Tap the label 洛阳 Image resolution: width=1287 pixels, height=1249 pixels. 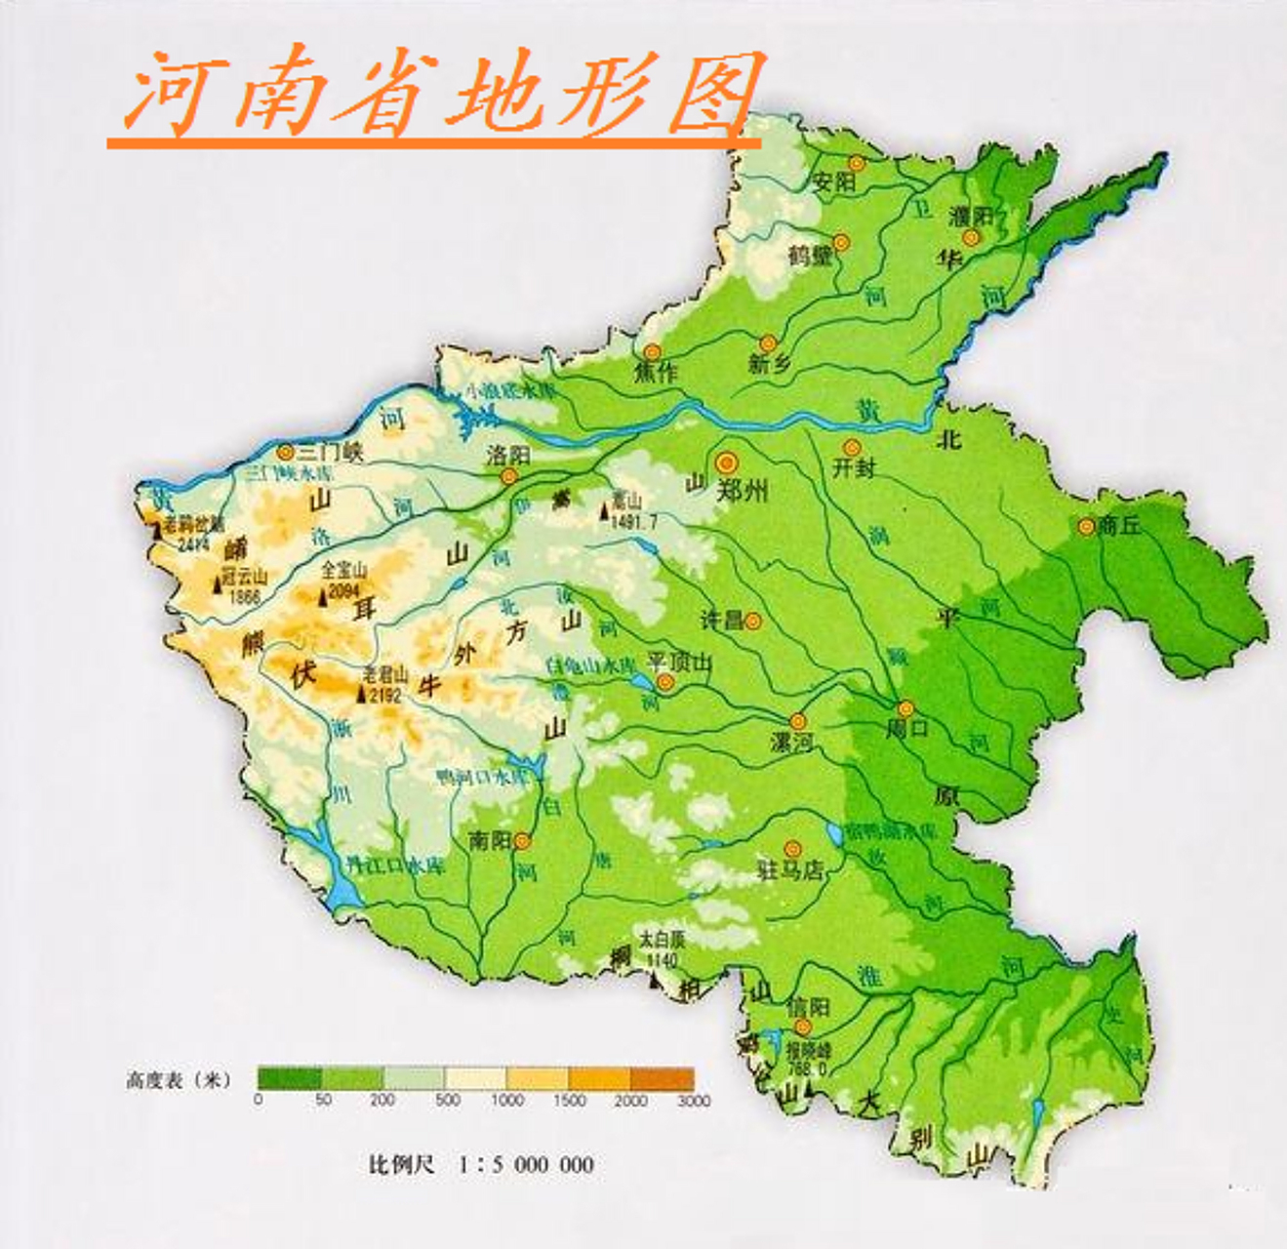point(507,456)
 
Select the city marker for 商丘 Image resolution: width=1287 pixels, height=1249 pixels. point(1086,526)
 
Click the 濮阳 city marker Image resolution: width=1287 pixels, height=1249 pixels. point(970,238)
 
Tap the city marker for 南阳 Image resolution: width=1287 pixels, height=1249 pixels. point(523,840)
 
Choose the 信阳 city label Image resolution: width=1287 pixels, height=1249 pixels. point(808,1006)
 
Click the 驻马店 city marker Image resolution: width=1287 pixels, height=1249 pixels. point(792,849)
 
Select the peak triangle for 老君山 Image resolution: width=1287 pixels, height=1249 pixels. point(362,695)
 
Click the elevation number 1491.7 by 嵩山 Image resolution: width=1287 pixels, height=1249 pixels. point(633,522)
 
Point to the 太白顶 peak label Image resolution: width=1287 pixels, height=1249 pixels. point(662,941)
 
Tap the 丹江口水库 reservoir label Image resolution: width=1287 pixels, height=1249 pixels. point(395,866)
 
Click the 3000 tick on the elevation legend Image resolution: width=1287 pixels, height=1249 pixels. point(694,1100)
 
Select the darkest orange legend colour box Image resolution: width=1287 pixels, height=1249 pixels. point(662,1078)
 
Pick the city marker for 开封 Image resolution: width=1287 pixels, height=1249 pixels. point(852,448)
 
